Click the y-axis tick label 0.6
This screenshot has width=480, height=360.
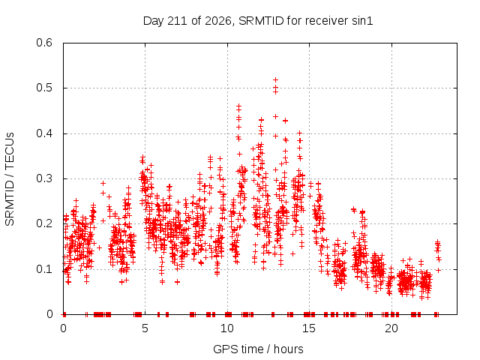[x=44, y=43]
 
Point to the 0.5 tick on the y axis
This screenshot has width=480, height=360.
[x=44, y=88]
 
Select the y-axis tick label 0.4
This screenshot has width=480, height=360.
[x=44, y=133]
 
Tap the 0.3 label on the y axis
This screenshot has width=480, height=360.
[x=44, y=178]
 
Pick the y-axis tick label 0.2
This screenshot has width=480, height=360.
[x=44, y=223]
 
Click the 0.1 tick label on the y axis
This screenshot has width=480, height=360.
[x=44, y=269]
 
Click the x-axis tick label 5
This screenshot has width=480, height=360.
[x=145, y=328]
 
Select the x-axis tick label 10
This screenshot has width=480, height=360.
[x=226, y=328]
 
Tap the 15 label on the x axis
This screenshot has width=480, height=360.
[x=309, y=328]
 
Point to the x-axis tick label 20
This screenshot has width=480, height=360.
[x=391, y=328]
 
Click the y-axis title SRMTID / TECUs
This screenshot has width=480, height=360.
[x=10, y=179]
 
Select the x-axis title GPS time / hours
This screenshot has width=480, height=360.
[x=258, y=349]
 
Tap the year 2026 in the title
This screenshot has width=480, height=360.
[x=218, y=21]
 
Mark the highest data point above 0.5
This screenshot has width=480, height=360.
[x=275, y=80]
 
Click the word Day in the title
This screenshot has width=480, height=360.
[x=154, y=22]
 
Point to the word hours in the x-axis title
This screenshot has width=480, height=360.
[x=288, y=349]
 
